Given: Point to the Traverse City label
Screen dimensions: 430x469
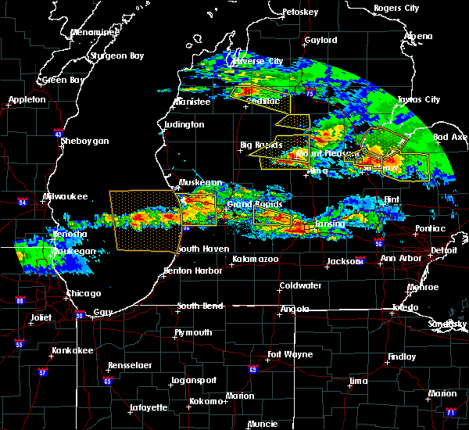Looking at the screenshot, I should [258, 61].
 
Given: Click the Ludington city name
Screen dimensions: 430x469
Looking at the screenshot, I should [184, 124].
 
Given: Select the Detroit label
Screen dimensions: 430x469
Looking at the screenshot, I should [444, 250].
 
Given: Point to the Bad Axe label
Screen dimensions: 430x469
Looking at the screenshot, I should [449, 137].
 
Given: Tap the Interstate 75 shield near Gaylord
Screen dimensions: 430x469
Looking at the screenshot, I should [310, 94].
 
